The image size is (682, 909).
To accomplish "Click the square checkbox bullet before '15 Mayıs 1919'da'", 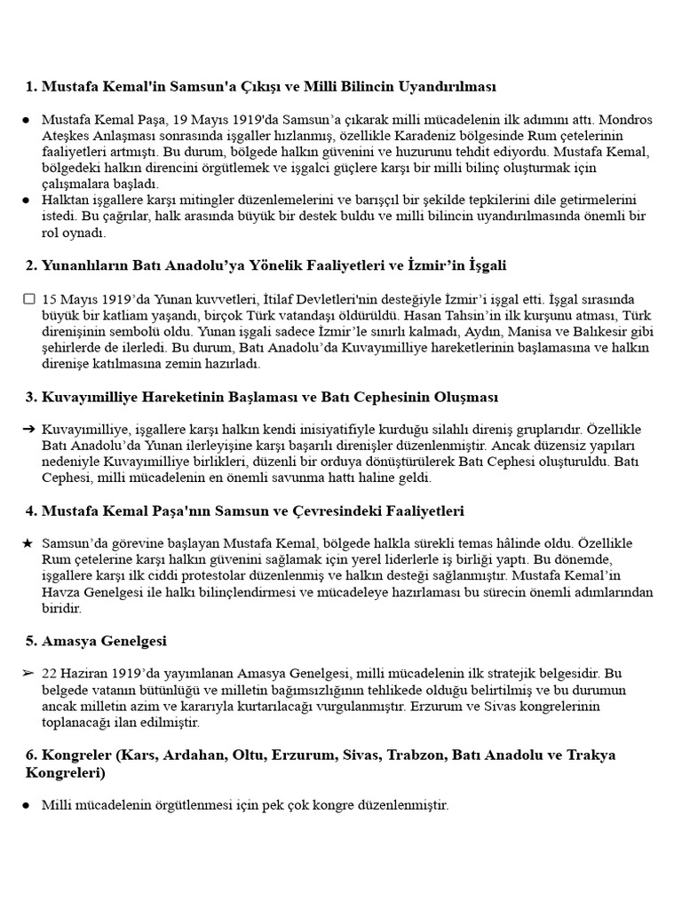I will [x=29, y=299].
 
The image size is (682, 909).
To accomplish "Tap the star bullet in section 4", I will [x=28, y=542].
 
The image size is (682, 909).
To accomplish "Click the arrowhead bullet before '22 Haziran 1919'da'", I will [x=28, y=674].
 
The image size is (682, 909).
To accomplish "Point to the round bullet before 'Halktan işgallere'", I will [x=27, y=201].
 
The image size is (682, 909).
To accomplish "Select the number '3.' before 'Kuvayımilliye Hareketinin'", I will [x=31, y=397].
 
